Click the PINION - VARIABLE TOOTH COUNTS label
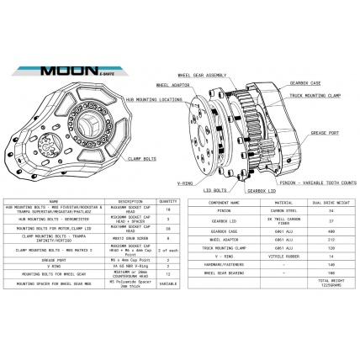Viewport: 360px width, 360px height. pyautogui.click(x=311, y=181)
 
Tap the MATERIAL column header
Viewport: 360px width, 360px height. pyautogui.click(x=266, y=202)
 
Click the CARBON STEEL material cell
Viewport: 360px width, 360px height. pyautogui.click(x=266, y=210)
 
